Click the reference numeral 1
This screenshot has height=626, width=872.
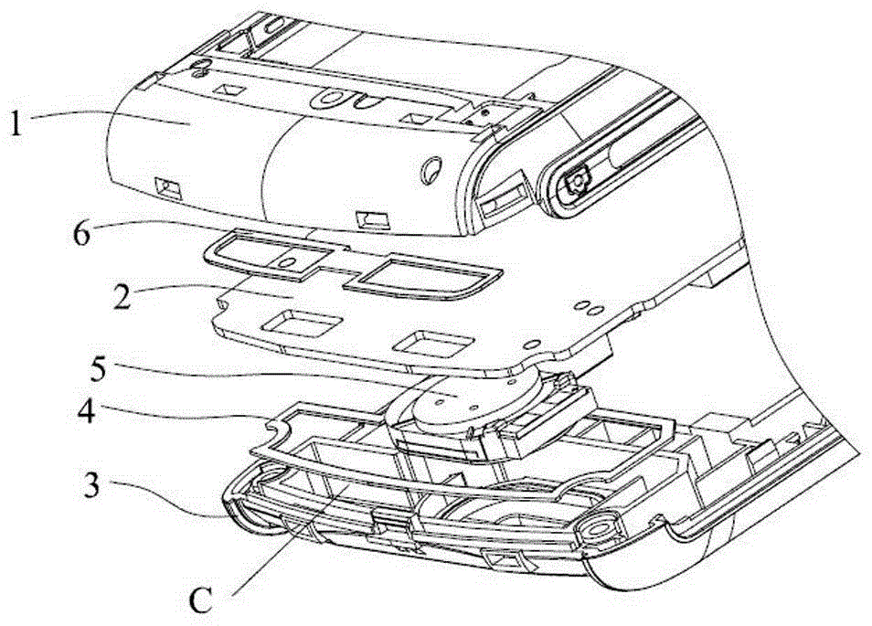tap(16, 124)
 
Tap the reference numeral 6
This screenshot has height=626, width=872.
tap(80, 234)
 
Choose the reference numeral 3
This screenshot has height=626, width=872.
tap(91, 484)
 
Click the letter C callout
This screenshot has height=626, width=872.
tap(201, 599)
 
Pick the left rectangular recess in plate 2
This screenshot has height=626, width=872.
tap(303, 324)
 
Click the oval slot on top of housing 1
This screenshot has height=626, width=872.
tap(332, 99)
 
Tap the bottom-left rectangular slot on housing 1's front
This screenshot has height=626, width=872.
tap(168, 188)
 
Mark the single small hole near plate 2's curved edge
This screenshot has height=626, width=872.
tap(533, 345)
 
